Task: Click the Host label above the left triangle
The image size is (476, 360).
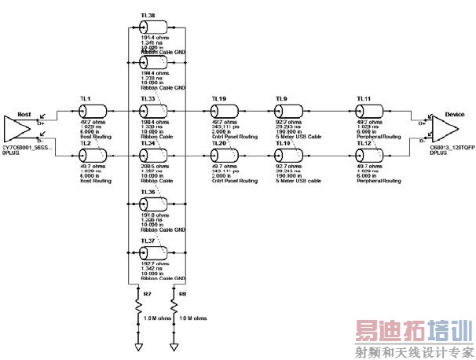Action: click(24, 114)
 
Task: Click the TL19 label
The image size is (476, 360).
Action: click(219, 99)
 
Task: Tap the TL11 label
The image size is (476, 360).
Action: click(364, 99)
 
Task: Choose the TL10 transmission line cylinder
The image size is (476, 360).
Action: click(283, 153)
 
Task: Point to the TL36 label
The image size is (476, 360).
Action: click(147, 192)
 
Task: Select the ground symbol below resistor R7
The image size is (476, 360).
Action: click(138, 346)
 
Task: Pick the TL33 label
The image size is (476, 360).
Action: click(147, 99)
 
